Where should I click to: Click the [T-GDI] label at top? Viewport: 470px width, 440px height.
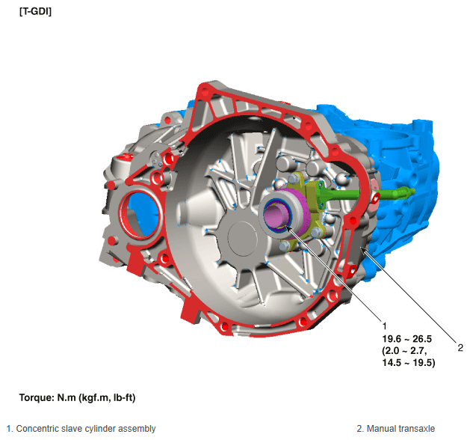35,11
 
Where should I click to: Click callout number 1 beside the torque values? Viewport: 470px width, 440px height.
385,326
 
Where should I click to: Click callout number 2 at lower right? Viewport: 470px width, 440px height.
460,348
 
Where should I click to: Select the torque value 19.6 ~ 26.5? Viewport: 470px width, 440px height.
406,339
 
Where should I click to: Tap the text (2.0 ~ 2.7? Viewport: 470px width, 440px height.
404,350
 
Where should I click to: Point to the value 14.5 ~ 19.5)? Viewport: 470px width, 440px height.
409,363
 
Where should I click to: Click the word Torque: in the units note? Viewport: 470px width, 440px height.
37,397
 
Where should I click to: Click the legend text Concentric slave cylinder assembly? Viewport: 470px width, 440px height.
86,429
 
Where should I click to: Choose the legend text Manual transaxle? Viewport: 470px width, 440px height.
401,429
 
